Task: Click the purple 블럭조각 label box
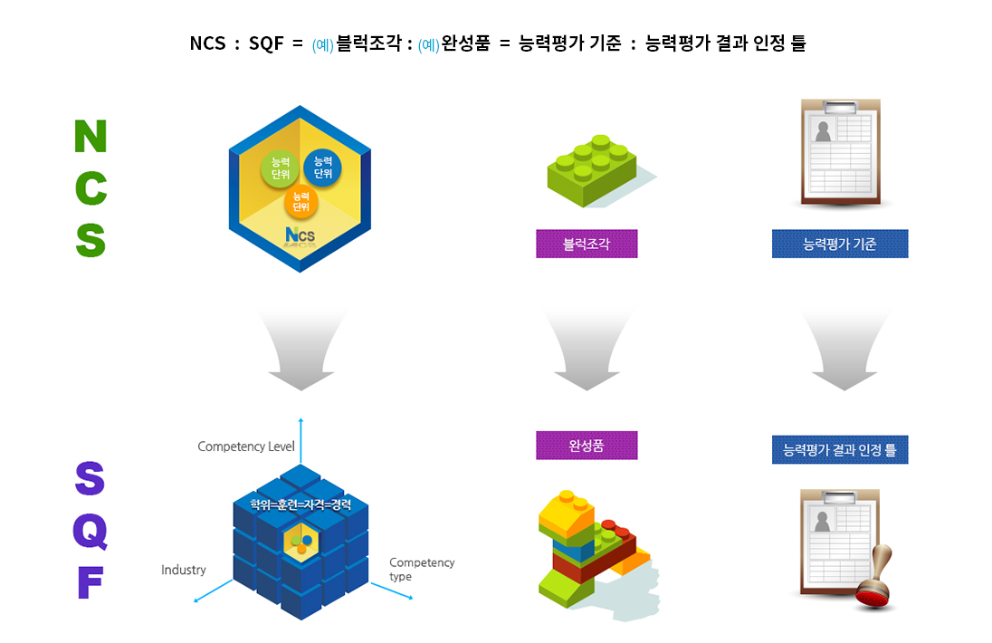(x=587, y=244)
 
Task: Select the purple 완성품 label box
(x=587, y=445)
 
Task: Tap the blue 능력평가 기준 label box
(x=840, y=244)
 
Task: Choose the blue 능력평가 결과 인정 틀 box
(x=840, y=449)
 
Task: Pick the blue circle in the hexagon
(x=322, y=168)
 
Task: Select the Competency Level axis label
(x=246, y=446)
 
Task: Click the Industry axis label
(x=184, y=570)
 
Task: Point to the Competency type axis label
(x=422, y=569)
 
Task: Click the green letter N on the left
(x=91, y=137)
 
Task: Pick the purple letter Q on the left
(x=91, y=532)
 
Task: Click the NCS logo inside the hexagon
(x=300, y=236)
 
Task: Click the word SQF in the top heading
(x=267, y=43)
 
